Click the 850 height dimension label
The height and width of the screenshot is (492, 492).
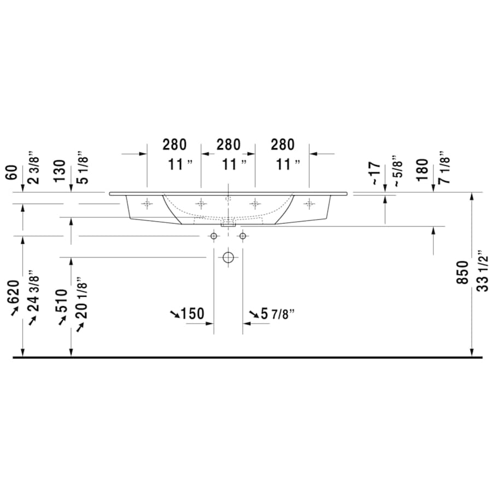[462, 272]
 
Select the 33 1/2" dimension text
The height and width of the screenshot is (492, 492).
[481, 272]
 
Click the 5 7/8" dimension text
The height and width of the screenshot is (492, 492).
[278, 314]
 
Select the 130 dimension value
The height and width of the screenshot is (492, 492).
[61, 170]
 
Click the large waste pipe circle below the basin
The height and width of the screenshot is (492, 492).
[228, 257]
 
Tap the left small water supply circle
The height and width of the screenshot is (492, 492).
[214, 236]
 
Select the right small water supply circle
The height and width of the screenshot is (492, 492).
[242, 236]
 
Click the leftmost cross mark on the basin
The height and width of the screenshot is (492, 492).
[147, 204]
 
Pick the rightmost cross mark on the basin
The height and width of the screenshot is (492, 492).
[309, 204]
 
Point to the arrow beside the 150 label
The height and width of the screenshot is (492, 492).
[174, 314]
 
